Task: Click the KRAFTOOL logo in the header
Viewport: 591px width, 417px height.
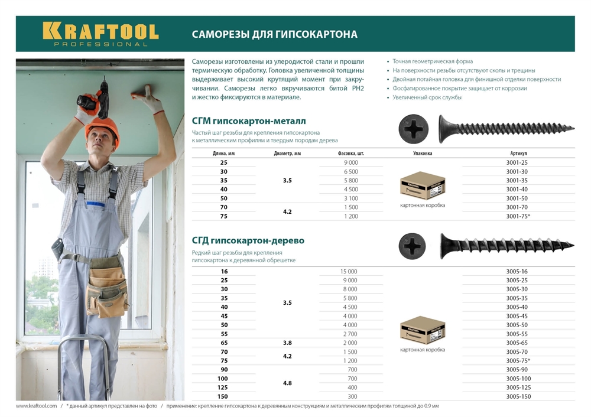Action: pos(100,32)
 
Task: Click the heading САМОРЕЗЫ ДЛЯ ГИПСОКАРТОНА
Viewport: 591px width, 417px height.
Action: pos(274,34)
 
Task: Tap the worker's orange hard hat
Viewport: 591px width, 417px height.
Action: pos(102,128)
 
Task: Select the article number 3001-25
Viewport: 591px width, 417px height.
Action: pos(517,162)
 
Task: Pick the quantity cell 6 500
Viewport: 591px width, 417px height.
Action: pos(350,171)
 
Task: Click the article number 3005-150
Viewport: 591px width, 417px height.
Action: pos(518,396)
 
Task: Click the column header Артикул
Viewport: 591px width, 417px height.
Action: pos(518,153)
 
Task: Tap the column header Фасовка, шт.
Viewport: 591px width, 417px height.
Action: pos(350,153)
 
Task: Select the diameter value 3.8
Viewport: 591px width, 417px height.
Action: pos(287,343)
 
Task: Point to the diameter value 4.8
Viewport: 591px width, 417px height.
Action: pos(287,383)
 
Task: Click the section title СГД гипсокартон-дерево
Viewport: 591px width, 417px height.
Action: pos(248,240)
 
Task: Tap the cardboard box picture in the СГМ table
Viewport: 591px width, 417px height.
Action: pos(422,185)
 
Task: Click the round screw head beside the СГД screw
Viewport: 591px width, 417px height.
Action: pos(412,246)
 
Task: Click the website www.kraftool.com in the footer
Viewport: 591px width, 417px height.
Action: pos(36,406)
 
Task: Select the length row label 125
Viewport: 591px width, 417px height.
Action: pos(223,387)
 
